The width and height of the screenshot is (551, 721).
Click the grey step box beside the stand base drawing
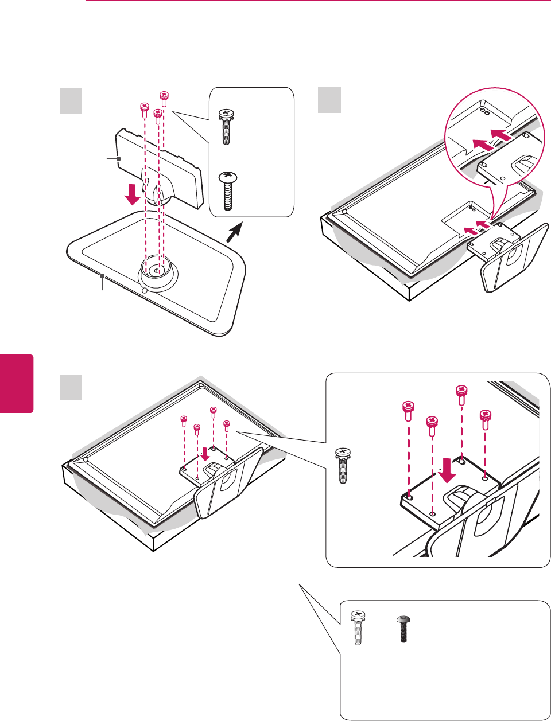pyautogui.click(x=71, y=101)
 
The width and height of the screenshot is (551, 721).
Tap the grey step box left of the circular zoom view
pyautogui.click(x=329, y=101)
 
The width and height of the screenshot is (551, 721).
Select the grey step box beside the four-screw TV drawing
pyautogui.click(x=71, y=388)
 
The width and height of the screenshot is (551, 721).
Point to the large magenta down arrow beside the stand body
pyautogui.click(x=133, y=194)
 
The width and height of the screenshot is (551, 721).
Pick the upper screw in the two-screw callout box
pyautogui.click(x=226, y=127)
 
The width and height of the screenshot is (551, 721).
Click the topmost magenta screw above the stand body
pyautogui.click(x=164, y=97)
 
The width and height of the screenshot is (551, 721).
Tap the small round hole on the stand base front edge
pyautogui.click(x=144, y=290)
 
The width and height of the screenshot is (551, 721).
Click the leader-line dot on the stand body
pyautogui.click(x=118, y=158)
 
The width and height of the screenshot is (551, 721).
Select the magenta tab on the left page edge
pyautogui.click(x=17, y=383)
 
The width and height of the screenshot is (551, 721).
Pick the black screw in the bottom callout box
pyautogui.click(x=403, y=629)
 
